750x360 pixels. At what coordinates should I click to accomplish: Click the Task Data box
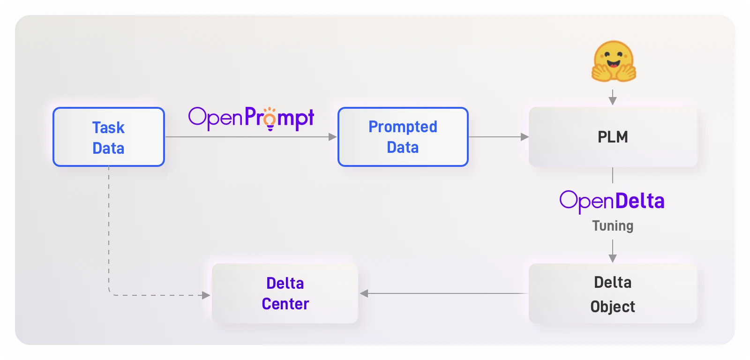point(108,136)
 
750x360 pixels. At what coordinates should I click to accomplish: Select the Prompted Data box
point(403,136)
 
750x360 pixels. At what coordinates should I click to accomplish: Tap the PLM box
point(613,136)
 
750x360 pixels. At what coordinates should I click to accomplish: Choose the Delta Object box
point(613,293)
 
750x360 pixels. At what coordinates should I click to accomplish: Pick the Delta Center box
point(285,293)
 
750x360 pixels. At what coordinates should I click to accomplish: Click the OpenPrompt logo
point(251,119)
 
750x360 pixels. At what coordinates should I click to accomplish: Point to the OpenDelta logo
point(612,202)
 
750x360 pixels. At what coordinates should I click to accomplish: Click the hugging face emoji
point(614,61)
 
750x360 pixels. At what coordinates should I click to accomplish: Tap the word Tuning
point(613,226)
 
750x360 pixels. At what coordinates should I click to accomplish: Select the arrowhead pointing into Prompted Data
point(332,136)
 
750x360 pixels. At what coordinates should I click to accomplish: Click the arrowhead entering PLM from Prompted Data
point(525,136)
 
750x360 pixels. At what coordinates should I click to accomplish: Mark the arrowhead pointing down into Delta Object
point(613,258)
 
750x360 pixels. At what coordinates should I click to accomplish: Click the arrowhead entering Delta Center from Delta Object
point(364,293)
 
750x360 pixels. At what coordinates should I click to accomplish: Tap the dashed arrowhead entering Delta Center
point(206,295)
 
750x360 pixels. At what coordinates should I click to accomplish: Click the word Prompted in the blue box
point(403,127)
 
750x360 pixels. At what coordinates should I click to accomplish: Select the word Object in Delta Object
point(613,307)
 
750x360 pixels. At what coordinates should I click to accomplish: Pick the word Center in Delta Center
point(285,304)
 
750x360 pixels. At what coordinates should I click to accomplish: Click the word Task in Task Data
point(108,127)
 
